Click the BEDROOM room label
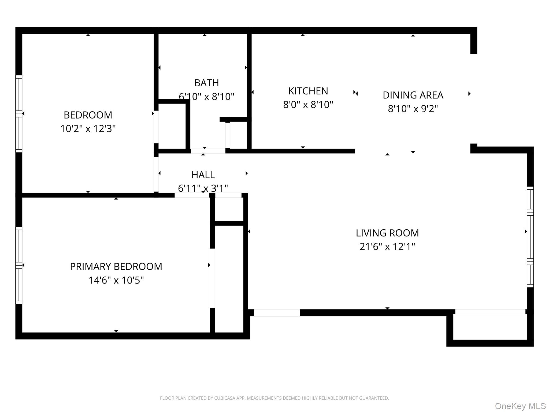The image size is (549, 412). [88, 115]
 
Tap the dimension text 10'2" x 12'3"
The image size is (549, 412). [88, 129]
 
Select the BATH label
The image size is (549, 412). [206, 83]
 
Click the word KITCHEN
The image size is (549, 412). [308, 91]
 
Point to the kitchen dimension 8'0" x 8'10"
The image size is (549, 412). [308, 105]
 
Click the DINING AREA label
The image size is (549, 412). [413, 95]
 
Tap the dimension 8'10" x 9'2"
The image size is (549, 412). [413, 109]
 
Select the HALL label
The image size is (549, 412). [203, 175]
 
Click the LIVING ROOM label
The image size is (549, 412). [387, 233]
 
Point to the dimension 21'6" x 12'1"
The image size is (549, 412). [387, 247]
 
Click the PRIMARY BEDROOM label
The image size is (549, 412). [116, 267]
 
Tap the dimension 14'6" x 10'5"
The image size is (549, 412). [116, 280]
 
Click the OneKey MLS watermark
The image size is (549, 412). [520, 406]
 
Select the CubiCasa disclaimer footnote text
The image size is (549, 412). [274, 398]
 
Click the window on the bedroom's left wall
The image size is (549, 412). [19, 114]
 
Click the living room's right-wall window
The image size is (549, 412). [530, 237]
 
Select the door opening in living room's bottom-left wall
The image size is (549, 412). [277, 313]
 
